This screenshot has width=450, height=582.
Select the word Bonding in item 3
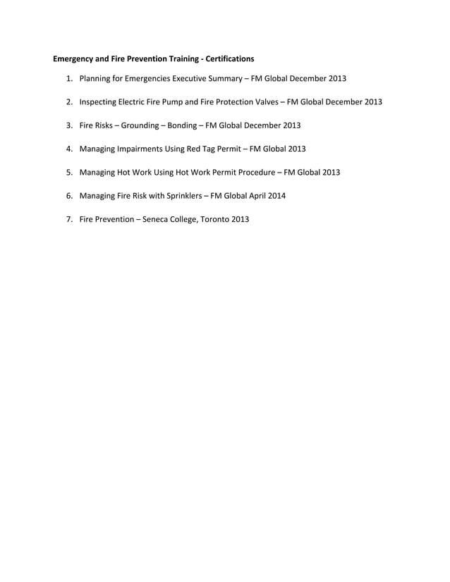(x=182, y=125)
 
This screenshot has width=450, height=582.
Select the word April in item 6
(x=260, y=196)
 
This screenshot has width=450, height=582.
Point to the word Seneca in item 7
(x=157, y=220)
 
